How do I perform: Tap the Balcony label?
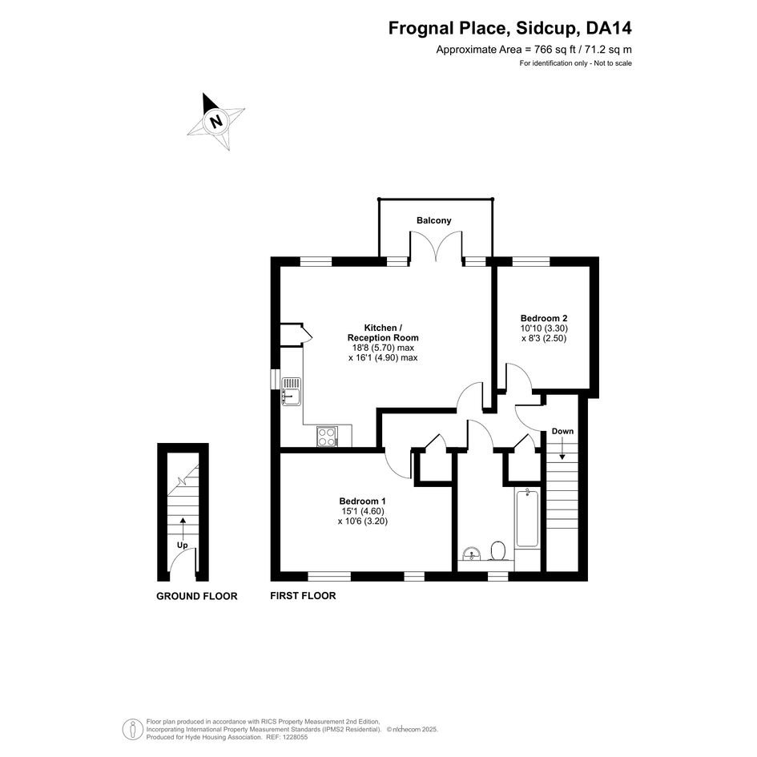click(433, 220)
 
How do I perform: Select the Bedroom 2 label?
click(544, 318)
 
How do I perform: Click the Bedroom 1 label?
click(362, 501)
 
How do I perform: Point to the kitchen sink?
click(292, 391)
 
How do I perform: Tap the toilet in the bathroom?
click(497, 550)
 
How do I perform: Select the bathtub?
click(527, 517)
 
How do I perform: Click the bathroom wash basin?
click(471, 554)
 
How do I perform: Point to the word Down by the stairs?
click(562, 431)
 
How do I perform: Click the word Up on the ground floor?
click(182, 545)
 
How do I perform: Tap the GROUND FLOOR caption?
click(196, 596)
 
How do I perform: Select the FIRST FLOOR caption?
click(303, 596)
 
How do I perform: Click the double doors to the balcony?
click(436, 247)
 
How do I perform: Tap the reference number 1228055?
click(295, 737)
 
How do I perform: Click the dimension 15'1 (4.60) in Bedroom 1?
click(363, 511)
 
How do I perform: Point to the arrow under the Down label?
click(562, 449)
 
